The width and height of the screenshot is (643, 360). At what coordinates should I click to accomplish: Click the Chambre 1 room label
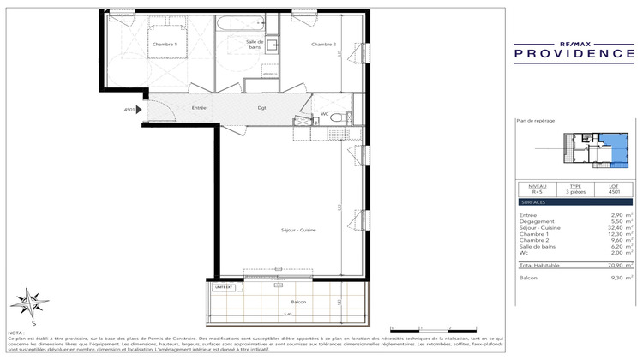point(164,45)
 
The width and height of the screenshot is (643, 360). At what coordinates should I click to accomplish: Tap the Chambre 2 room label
point(323,45)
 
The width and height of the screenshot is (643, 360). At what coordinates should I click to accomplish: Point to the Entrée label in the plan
point(199,108)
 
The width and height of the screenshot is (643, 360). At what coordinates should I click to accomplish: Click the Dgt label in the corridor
point(261,108)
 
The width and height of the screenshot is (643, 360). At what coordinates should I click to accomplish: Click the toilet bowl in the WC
point(338,118)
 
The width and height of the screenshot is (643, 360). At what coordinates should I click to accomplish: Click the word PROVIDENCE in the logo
point(569,54)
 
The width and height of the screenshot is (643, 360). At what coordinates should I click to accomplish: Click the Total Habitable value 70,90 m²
point(619,266)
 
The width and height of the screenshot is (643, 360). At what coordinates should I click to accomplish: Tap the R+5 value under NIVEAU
point(537,194)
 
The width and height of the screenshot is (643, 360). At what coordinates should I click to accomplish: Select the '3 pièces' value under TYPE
point(575,194)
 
